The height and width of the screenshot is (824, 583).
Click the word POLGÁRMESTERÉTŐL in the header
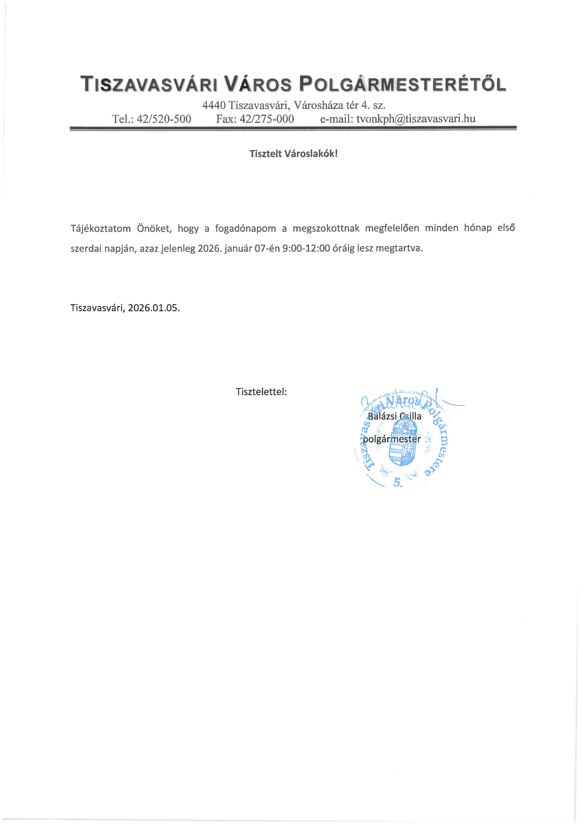(x=402, y=84)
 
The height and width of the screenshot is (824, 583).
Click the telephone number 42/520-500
(x=164, y=119)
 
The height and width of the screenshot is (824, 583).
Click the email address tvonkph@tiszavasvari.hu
(x=416, y=119)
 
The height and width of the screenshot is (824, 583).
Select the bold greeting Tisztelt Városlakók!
(x=293, y=154)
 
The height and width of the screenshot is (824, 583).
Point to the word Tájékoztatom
(x=100, y=229)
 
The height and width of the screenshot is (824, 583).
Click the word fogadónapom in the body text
(x=245, y=228)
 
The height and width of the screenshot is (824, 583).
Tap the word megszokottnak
(x=326, y=228)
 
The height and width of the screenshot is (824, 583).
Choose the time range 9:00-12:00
(x=306, y=248)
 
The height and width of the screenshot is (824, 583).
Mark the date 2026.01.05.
(x=154, y=308)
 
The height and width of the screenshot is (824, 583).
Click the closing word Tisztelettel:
(x=261, y=391)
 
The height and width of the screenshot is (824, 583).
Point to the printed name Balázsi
(x=382, y=416)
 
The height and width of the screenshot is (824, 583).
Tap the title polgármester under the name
(x=392, y=439)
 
